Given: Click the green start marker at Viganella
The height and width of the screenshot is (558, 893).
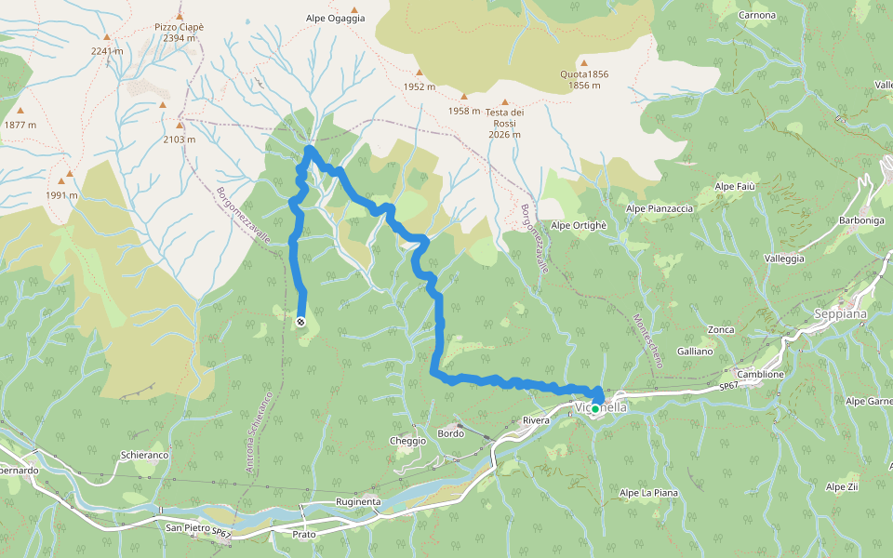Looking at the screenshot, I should coord(595,408).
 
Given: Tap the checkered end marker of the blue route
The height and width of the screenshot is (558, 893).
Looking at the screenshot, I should coord(301,322).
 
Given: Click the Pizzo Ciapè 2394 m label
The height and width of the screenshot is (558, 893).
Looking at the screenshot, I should coord(179,33).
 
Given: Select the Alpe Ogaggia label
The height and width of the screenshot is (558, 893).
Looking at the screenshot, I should coord(335,18).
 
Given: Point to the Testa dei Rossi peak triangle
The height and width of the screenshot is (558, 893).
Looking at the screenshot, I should coord(505,102).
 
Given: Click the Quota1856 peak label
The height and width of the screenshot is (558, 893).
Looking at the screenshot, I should coord(585,80).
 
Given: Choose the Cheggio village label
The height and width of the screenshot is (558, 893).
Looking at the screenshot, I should coord(407,441).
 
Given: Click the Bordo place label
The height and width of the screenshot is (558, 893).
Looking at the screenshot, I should coord(450,434).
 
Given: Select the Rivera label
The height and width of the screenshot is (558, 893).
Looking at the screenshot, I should coord(537,421).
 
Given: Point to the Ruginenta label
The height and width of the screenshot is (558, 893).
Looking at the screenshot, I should coord(358,502).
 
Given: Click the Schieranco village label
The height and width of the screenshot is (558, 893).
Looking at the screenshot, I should coord(143,456).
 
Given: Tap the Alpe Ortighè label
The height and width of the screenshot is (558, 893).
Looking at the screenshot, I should coord(579,225).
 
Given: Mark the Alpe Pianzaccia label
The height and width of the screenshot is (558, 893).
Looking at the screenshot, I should coord(660,208).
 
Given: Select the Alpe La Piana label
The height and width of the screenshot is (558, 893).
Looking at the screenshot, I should coord(648,492).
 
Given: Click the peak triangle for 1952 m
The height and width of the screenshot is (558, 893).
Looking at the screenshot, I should coord(420,73).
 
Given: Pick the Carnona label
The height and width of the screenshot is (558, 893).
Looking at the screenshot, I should coord(755,16).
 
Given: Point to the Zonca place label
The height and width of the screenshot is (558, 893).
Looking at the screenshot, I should coord(720,329).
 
